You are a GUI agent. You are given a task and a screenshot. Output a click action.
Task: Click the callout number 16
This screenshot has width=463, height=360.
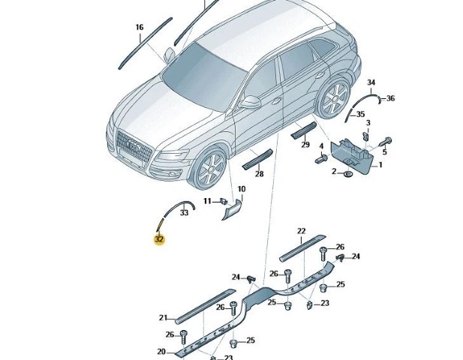pos(139,28)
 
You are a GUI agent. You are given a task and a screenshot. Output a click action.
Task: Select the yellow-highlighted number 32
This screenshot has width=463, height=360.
pos(159,240)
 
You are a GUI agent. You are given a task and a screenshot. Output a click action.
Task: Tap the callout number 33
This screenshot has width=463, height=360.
pos(163,213)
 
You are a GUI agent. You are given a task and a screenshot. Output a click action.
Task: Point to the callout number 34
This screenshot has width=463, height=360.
pos(371,82)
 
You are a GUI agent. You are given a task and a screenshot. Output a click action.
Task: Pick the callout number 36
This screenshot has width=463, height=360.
pos(390,98)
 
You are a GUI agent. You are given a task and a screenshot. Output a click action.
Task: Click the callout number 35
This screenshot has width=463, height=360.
pos(360,114)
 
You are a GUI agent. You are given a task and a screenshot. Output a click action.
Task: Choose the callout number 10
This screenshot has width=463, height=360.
pos(242,189)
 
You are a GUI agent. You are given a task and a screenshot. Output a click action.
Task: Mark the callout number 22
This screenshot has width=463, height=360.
pos(302,231)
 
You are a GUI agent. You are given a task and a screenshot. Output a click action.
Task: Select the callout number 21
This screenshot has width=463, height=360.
pos(164,317)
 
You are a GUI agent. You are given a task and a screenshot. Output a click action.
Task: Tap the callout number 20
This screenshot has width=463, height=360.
pos(161,352)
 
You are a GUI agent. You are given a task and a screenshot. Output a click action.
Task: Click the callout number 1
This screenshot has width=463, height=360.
pos(380,164)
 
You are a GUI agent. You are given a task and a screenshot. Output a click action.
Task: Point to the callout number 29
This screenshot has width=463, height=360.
pos(305,145)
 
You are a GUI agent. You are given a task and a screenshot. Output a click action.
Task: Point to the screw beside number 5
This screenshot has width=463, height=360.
pos(389,140)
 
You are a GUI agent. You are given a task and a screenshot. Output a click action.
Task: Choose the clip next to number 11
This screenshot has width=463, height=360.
pos(224,200)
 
